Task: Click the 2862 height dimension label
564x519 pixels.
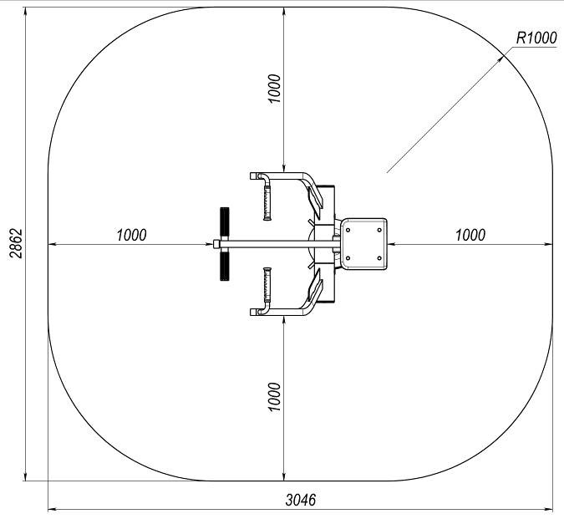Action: pyautogui.click(x=16, y=243)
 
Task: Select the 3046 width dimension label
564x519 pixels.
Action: pyautogui.click(x=301, y=500)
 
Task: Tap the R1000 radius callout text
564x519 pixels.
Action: pyautogui.click(x=536, y=38)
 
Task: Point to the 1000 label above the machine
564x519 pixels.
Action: pyautogui.click(x=274, y=89)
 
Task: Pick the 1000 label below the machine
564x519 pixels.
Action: pyautogui.click(x=274, y=397)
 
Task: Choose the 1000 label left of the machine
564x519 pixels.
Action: pyautogui.click(x=131, y=235)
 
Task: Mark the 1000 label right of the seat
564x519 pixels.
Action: pyautogui.click(x=470, y=235)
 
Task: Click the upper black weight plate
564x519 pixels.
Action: pyautogui.click(x=225, y=222)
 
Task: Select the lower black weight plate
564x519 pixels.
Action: pyautogui.click(x=225, y=266)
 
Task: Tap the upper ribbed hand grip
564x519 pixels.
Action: pyautogui.click(x=267, y=201)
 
